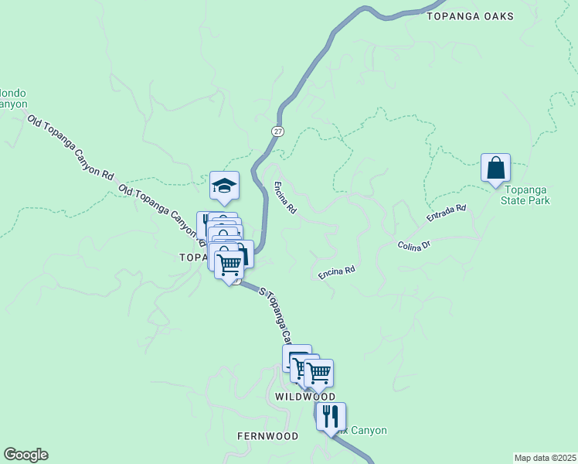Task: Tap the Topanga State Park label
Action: (x=527, y=194)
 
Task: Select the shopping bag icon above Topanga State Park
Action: (x=495, y=168)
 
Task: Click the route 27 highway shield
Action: (x=277, y=131)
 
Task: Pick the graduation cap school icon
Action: (x=224, y=186)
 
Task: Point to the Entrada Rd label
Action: (x=447, y=214)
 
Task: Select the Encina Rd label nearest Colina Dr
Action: (x=337, y=272)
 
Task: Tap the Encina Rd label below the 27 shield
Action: (x=285, y=197)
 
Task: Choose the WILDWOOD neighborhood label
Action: (x=306, y=396)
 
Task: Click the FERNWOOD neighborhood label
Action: (x=267, y=436)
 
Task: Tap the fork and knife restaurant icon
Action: (x=331, y=416)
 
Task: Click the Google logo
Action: (x=25, y=455)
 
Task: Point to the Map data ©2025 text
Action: (x=546, y=457)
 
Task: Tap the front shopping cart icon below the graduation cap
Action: (x=229, y=264)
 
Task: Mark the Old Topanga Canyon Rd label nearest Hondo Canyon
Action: (x=70, y=147)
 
